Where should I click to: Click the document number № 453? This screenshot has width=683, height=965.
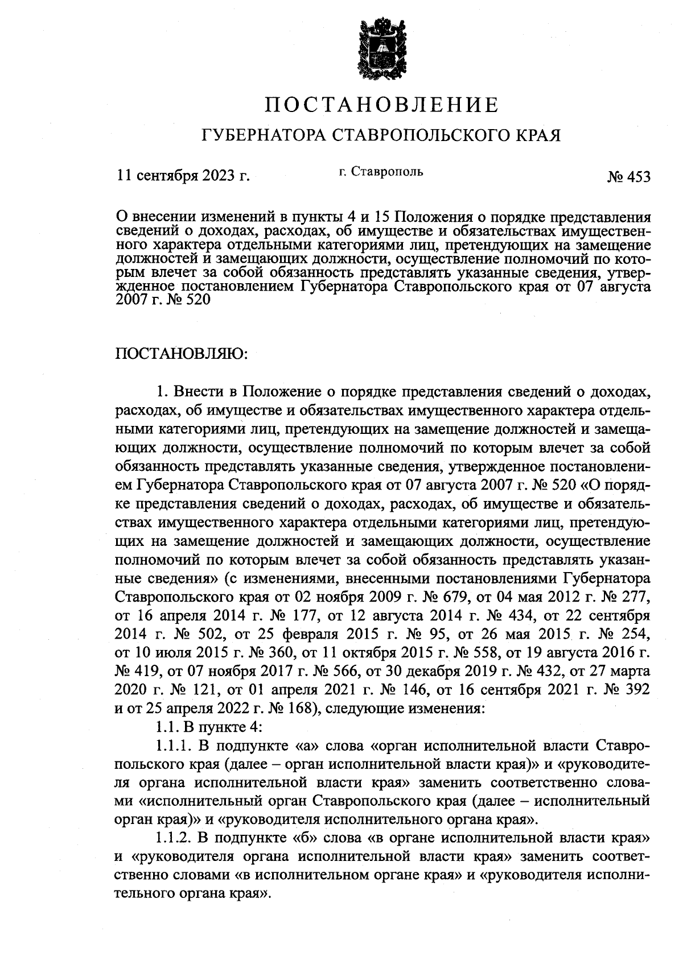628,177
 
